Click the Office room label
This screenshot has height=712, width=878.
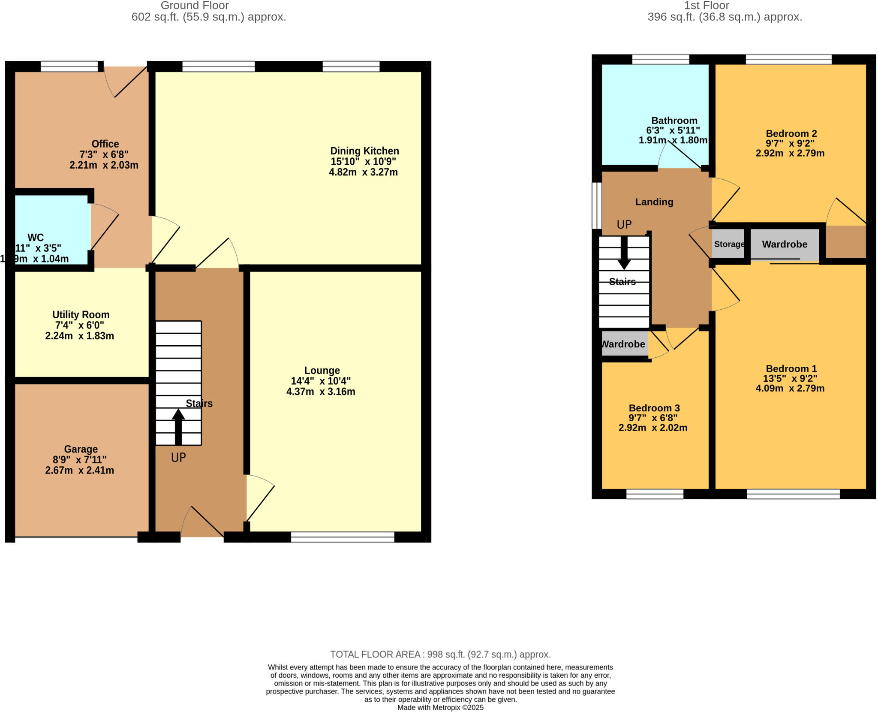[105, 144]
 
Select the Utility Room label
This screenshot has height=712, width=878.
[81, 315]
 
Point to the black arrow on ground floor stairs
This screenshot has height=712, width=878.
[178, 427]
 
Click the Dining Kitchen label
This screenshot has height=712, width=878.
[364, 151]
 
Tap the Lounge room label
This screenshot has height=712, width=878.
[322, 371]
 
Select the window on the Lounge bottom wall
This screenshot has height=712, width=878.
[343, 537]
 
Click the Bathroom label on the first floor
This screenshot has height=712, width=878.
[674, 121]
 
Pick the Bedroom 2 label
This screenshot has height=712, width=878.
[791, 133]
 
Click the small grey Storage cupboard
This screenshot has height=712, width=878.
[728, 244]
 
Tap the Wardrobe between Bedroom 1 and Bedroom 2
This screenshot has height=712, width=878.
[785, 244]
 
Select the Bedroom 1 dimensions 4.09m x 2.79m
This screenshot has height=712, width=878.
[790, 389]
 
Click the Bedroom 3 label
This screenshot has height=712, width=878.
[654, 408]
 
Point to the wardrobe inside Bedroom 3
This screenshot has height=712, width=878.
[624, 344]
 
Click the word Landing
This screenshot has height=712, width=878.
[654, 202]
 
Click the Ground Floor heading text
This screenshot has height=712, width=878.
[195, 6]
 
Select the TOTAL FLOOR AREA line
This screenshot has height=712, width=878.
[440, 654]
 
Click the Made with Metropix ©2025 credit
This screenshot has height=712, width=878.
[440, 707]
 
